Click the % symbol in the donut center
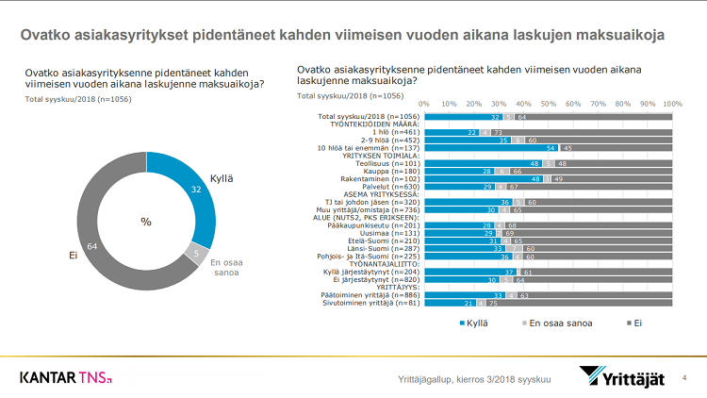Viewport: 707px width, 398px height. click(x=146, y=222)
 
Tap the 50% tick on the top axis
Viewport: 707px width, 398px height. click(x=549, y=102)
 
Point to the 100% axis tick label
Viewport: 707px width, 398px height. click(x=672, y=102)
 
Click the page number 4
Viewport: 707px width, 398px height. click(x=684, y=378)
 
